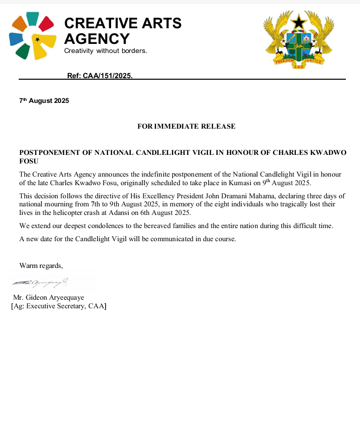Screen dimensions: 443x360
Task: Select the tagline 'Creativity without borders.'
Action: coord(106,51)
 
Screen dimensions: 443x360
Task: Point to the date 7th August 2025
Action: coord(44,101)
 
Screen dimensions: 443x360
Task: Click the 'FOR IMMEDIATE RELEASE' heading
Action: coord(186,126)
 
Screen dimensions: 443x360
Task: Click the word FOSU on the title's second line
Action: coord(29,161)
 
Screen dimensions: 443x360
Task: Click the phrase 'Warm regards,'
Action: coord(41,265)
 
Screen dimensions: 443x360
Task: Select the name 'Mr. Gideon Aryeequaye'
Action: coord(48,298)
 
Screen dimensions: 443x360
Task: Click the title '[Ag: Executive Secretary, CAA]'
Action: coord(59,306)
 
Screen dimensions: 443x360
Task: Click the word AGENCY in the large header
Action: coord(97,38)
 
